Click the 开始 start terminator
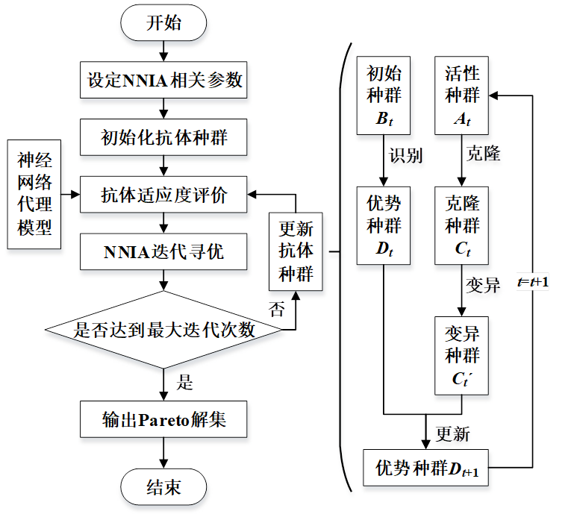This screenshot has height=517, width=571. point(163,22)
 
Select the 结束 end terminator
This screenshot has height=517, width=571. point(163,486)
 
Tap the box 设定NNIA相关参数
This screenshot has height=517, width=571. point(163,80)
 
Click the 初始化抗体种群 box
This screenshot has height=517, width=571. point(163,137)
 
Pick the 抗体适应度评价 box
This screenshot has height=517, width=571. point(163,195)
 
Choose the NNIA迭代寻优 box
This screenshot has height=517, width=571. point(163,251)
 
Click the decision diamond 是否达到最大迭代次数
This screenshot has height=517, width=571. point(163,330)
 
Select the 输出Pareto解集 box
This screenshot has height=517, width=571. point(163,419)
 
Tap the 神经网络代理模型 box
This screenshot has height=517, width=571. point(34,195)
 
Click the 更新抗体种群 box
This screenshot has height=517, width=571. point(296,251)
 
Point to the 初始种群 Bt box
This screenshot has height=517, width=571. point(384,95)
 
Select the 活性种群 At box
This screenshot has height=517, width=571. point(462,95)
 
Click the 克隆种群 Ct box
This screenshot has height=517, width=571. point(462,226)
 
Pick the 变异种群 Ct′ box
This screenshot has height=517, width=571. point(462,356)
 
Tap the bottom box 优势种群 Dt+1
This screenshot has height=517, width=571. point(426,468)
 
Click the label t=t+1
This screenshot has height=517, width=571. point(533,282)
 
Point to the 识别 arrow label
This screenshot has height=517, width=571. point(406,155)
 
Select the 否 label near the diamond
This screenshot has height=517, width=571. point(277,310)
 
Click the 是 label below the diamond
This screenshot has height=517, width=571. point(184,382)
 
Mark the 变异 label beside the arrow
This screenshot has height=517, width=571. point(483,285)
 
